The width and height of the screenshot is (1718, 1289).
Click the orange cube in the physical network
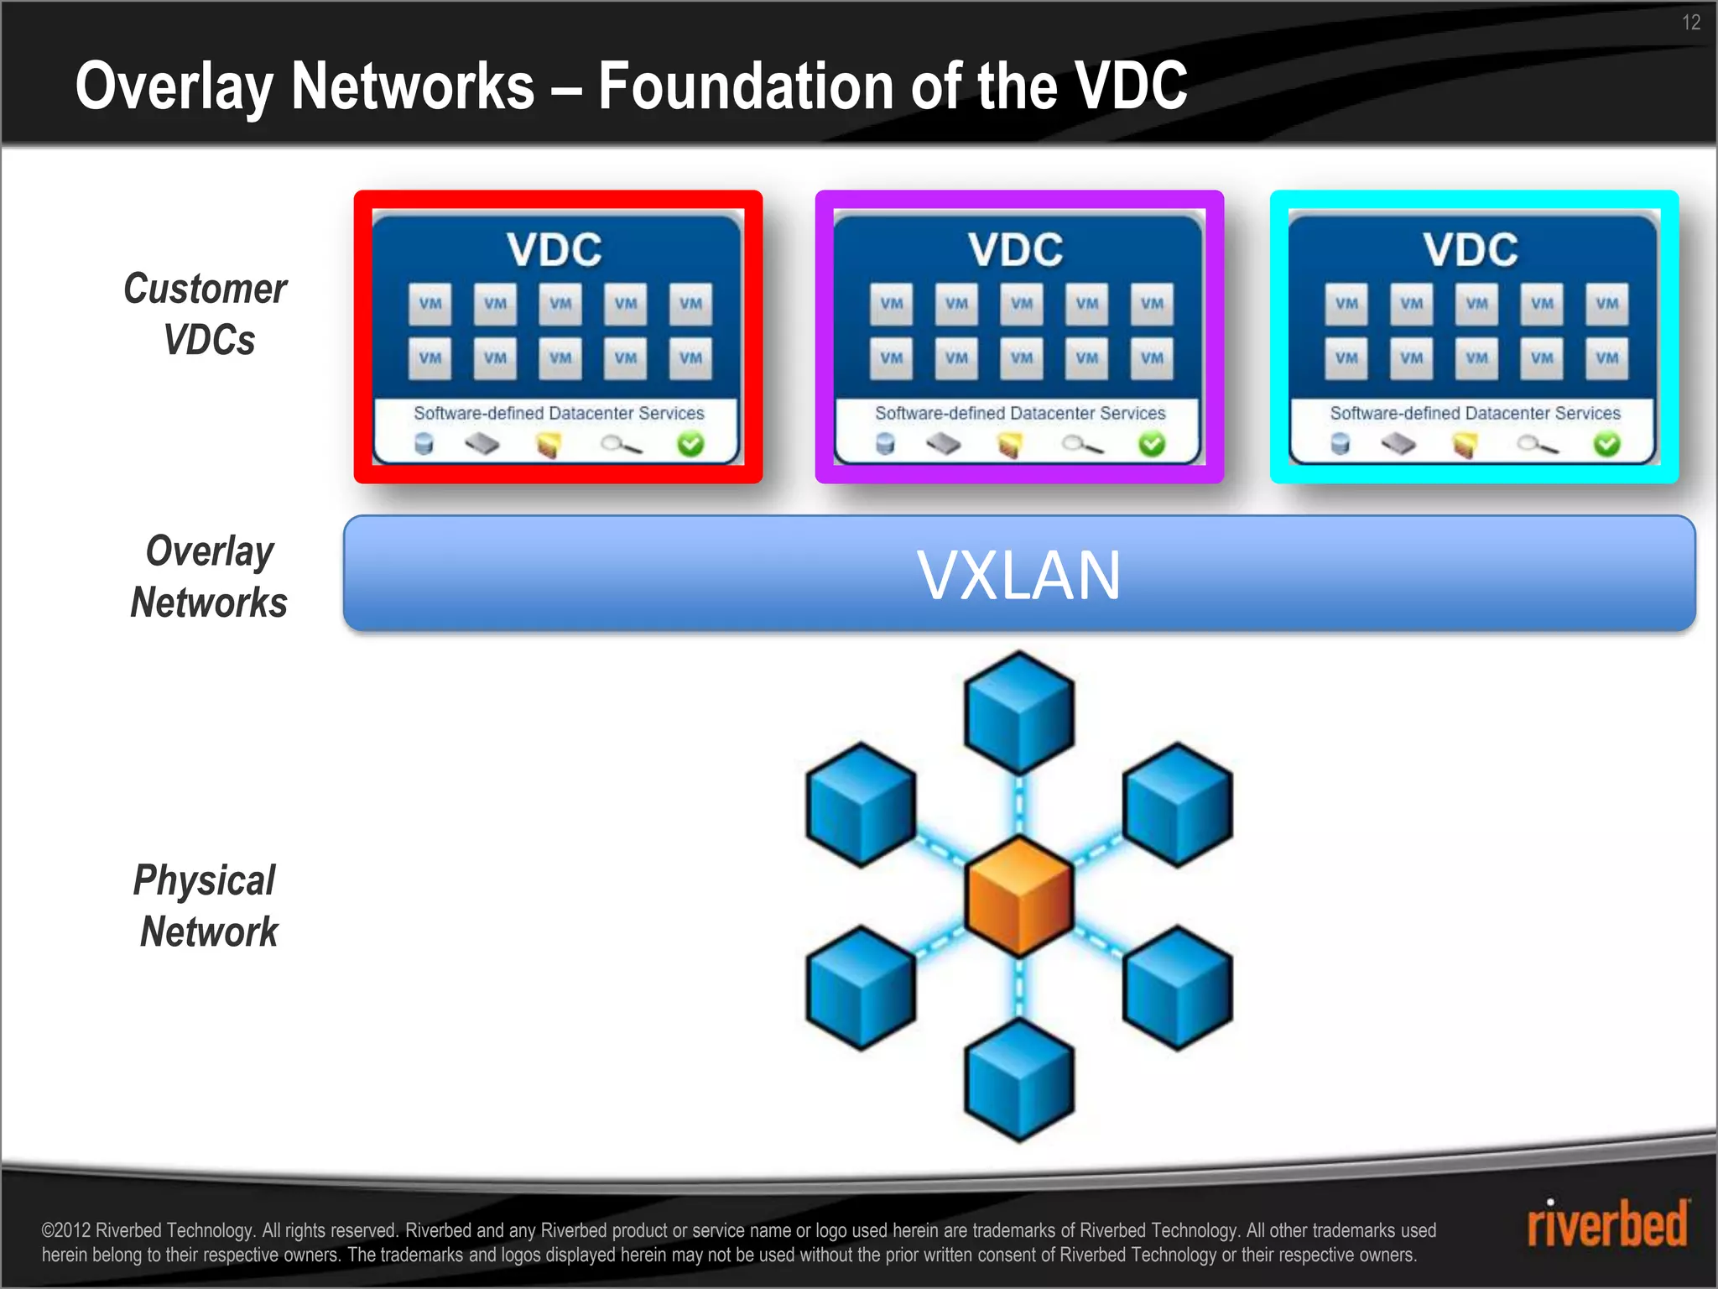tap(1019, 896)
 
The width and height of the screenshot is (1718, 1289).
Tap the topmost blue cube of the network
tap(1019, 712)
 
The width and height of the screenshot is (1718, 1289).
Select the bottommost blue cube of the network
tap(1019, 1080)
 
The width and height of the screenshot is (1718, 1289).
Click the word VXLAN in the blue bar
tap(1018, 576)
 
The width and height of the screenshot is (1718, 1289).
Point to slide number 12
tap(1690, 23)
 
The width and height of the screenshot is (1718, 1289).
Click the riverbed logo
tap(1606, 1225)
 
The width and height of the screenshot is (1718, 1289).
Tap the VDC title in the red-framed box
tap(554, 250)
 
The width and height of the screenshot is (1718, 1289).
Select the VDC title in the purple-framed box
tap(1016, 250)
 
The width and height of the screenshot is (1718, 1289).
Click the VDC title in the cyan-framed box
tap(1471, 250)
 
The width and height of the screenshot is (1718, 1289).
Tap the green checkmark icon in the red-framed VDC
tap(690, 444)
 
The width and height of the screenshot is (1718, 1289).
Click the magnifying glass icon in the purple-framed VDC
tap(1081, 445)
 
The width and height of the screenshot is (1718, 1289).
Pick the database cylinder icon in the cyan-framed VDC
tap(1340, 443)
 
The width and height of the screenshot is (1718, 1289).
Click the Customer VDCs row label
tap(206, 314)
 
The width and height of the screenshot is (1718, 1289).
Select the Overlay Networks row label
tap(208, 577)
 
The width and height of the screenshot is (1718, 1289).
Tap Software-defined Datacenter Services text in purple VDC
tap(1020, 413)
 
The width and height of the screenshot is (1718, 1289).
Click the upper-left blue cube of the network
tap(861, 804)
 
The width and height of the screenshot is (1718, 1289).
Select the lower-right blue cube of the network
tap(1178, 988)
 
